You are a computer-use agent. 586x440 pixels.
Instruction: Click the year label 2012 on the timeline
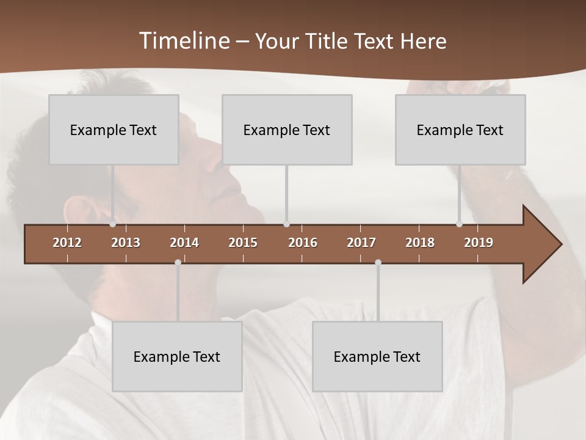67,243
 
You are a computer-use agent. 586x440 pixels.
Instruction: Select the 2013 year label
126,243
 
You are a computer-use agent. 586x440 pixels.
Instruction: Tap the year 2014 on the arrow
184,243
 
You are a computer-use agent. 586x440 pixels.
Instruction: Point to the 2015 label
243,243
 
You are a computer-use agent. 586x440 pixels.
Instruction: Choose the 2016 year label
303,243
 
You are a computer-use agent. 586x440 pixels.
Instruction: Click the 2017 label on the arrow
361,243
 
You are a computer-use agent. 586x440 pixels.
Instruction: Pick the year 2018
420,243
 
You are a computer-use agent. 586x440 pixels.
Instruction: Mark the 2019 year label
479,243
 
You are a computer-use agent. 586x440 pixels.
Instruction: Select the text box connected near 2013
114,130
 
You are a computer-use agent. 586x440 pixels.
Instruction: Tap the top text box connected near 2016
287,130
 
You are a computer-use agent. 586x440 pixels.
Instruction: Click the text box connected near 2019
460,130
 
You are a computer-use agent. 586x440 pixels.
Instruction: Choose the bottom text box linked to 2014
177,356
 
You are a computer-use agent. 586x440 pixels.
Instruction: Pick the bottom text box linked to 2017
377,356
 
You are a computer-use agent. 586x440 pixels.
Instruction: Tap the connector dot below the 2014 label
178,262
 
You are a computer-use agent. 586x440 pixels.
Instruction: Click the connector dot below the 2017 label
378,262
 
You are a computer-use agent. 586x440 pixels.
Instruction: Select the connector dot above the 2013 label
113,224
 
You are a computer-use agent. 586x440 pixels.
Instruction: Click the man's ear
85,211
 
